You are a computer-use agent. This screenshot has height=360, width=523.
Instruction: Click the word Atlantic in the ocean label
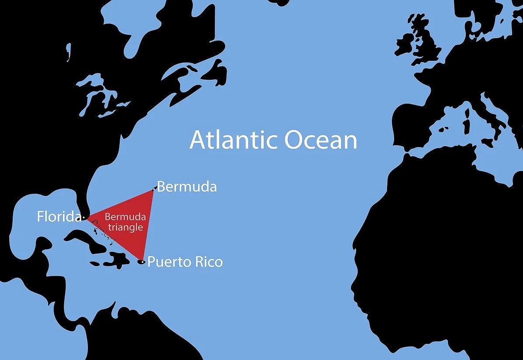click(234, 140)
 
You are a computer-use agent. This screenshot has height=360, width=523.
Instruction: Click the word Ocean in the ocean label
click(321, 140)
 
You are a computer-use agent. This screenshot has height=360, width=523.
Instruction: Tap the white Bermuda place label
click(187, 187)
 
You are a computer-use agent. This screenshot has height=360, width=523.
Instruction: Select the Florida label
click(59, 217)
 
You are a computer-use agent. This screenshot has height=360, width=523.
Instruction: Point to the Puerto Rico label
click(185, 262)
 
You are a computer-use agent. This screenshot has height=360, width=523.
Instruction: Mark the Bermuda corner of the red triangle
click(153, 189)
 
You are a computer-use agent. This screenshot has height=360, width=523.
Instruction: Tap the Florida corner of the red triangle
click(86, 217)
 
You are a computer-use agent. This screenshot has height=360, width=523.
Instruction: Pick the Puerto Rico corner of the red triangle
click(142, 260)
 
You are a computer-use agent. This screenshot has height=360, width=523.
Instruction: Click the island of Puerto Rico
click(141, 262)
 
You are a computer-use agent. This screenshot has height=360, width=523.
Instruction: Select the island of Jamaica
click(95, 263)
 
